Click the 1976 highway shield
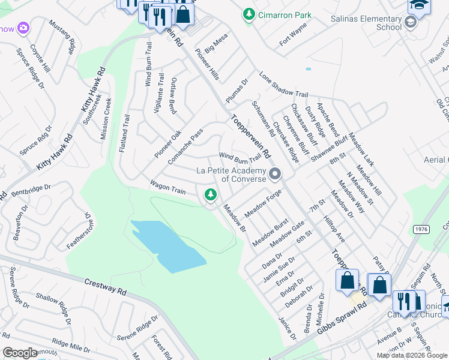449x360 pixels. click(420, 230)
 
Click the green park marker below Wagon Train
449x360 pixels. click(210, 194)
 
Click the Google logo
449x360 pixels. click(20, 353)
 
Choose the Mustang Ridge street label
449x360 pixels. click(64, 35)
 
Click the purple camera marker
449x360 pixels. click(23, 28)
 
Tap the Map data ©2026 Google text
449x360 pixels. click(412, 355)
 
